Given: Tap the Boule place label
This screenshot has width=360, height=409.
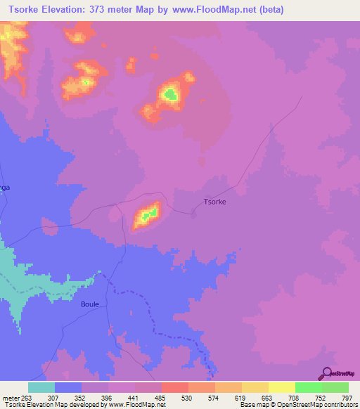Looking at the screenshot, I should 90,304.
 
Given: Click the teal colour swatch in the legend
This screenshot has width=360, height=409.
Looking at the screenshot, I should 41,387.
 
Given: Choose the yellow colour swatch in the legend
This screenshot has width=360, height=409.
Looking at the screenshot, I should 281,387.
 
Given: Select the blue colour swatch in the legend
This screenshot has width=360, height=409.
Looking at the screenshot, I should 68,387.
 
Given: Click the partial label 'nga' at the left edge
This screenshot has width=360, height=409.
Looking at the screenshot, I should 4,188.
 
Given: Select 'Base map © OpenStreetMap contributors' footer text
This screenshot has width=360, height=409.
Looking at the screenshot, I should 296,405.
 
